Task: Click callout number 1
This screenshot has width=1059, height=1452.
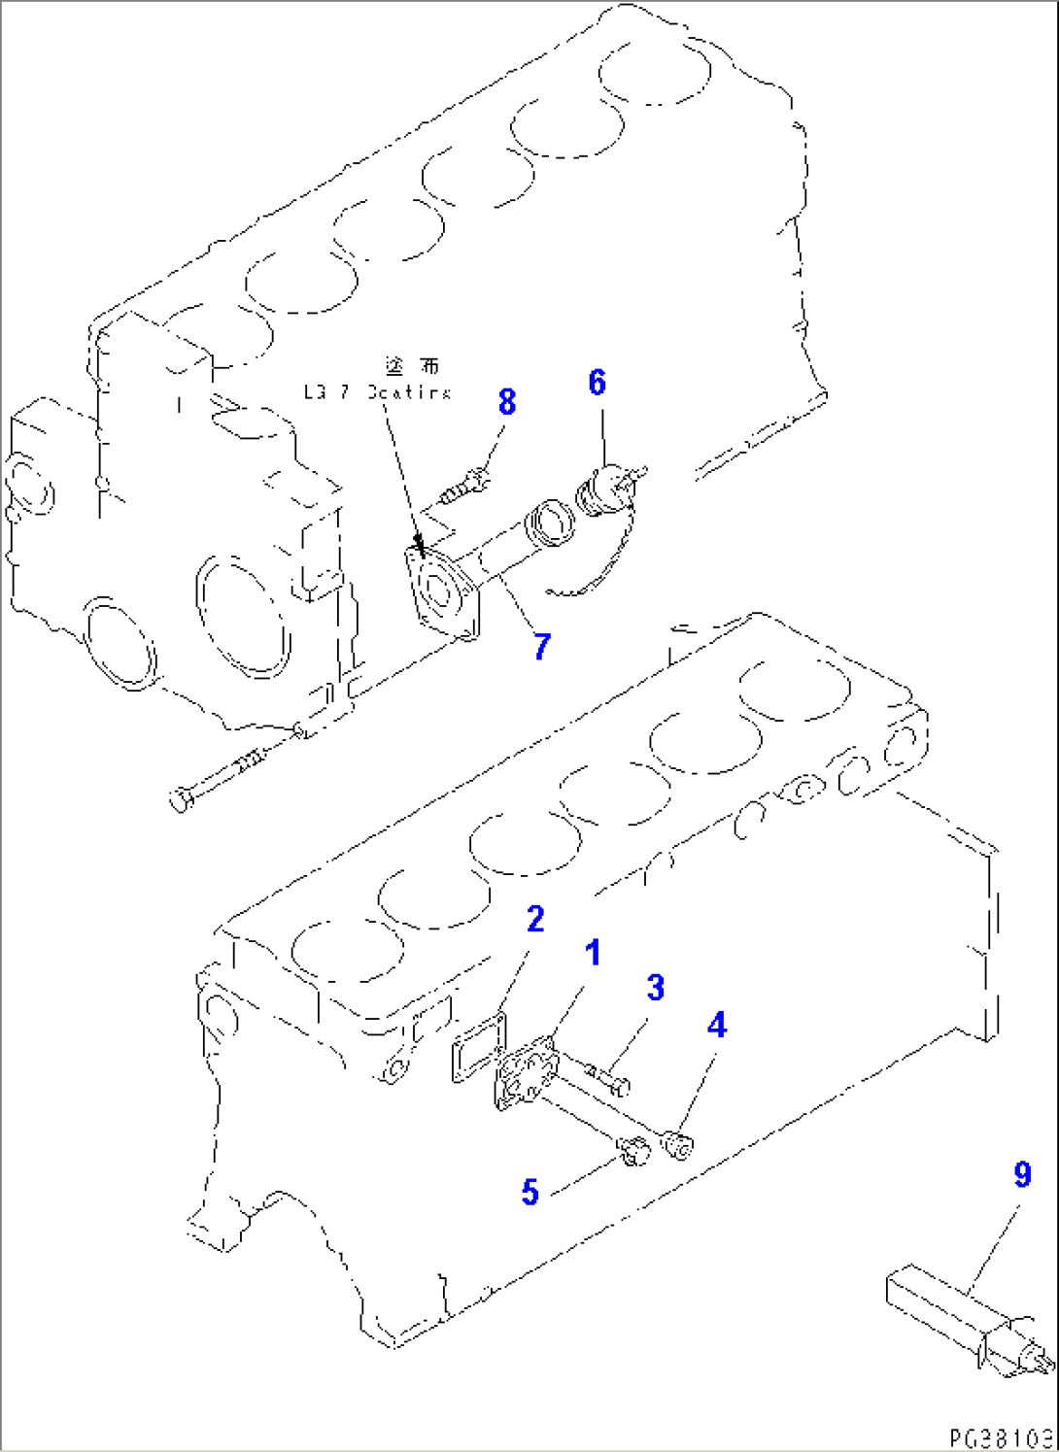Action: click(593, 953)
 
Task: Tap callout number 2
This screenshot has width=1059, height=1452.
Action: click(535, 919)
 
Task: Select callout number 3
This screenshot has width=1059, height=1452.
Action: click(656, 988)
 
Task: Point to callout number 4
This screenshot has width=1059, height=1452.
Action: click(716, 1025)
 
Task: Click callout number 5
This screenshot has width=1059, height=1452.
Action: click(529, 1192)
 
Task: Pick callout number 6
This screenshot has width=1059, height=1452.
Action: click(597, 383)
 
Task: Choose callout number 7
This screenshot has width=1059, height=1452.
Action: click(542, 646)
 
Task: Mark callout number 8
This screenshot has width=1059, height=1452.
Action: click(506, 402)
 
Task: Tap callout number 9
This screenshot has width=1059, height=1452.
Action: click(1021, 1175)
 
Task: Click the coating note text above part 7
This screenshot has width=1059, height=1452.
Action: click(377, 391)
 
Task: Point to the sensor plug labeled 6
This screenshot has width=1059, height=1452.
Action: click(604, 486)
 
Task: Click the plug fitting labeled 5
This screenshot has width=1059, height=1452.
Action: click(633, 1151)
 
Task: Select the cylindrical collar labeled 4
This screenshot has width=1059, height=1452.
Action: click(678, 1144)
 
